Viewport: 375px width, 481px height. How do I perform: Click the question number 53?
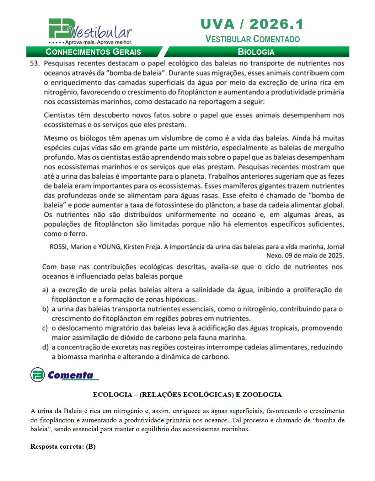coord(34,64)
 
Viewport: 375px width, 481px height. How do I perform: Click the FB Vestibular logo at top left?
coord(90,30)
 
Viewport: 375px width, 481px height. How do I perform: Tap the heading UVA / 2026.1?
coord(252,24)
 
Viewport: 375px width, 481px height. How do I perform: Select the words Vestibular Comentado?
coord(252,39)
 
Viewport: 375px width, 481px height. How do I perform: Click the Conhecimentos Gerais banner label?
coord(93,52)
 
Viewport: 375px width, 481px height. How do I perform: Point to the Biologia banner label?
coord(256,52)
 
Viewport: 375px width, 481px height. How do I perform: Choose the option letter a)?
coord(45,290)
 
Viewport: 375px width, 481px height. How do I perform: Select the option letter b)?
coord(45,309)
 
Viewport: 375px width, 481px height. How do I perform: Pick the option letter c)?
coord(45,328)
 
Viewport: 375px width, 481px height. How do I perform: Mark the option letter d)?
coord(45,347)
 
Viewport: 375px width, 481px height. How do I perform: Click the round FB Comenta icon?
coord(37,375)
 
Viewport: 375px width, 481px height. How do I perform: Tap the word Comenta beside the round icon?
coord(70,375)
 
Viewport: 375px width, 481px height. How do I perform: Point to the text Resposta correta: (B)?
coord(63,447)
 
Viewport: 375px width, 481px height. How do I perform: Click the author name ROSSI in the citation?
coord(58,247)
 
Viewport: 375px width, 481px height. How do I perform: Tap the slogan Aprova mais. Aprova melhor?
coord(98,42)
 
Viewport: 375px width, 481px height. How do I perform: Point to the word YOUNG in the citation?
coord(109,247)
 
